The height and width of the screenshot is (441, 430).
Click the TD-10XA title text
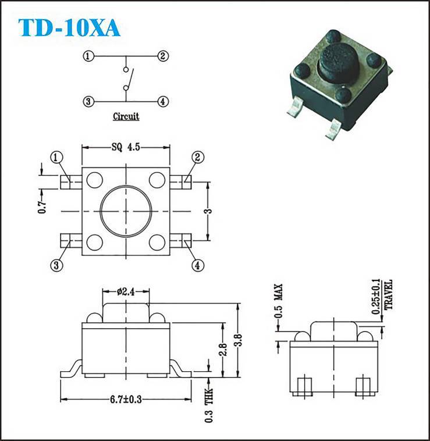pyautogui.click(x=69, y=28)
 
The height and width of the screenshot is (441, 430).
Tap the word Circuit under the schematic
pyautogui.click(x=126, y=116)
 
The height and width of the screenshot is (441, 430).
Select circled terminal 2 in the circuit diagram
pyautogui.click(x=162, y=56)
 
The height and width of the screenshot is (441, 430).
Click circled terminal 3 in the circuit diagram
pyautogui.click(x=88, y=101)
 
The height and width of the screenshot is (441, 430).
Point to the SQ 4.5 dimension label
pyautogui.click(x=126, y=147)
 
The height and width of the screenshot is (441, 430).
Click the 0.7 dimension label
pyautogui.click(x=42, y=207)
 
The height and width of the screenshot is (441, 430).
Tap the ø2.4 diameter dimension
pyautogui.click(x=126, y=292)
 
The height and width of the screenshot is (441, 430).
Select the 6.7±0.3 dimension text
pyautogui.click(x=126, y=399)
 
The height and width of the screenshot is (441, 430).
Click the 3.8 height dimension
pyautogui.click(x=239, y=340)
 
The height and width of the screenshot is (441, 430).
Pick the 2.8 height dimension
pyautogui.click(x=223, y=350)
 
